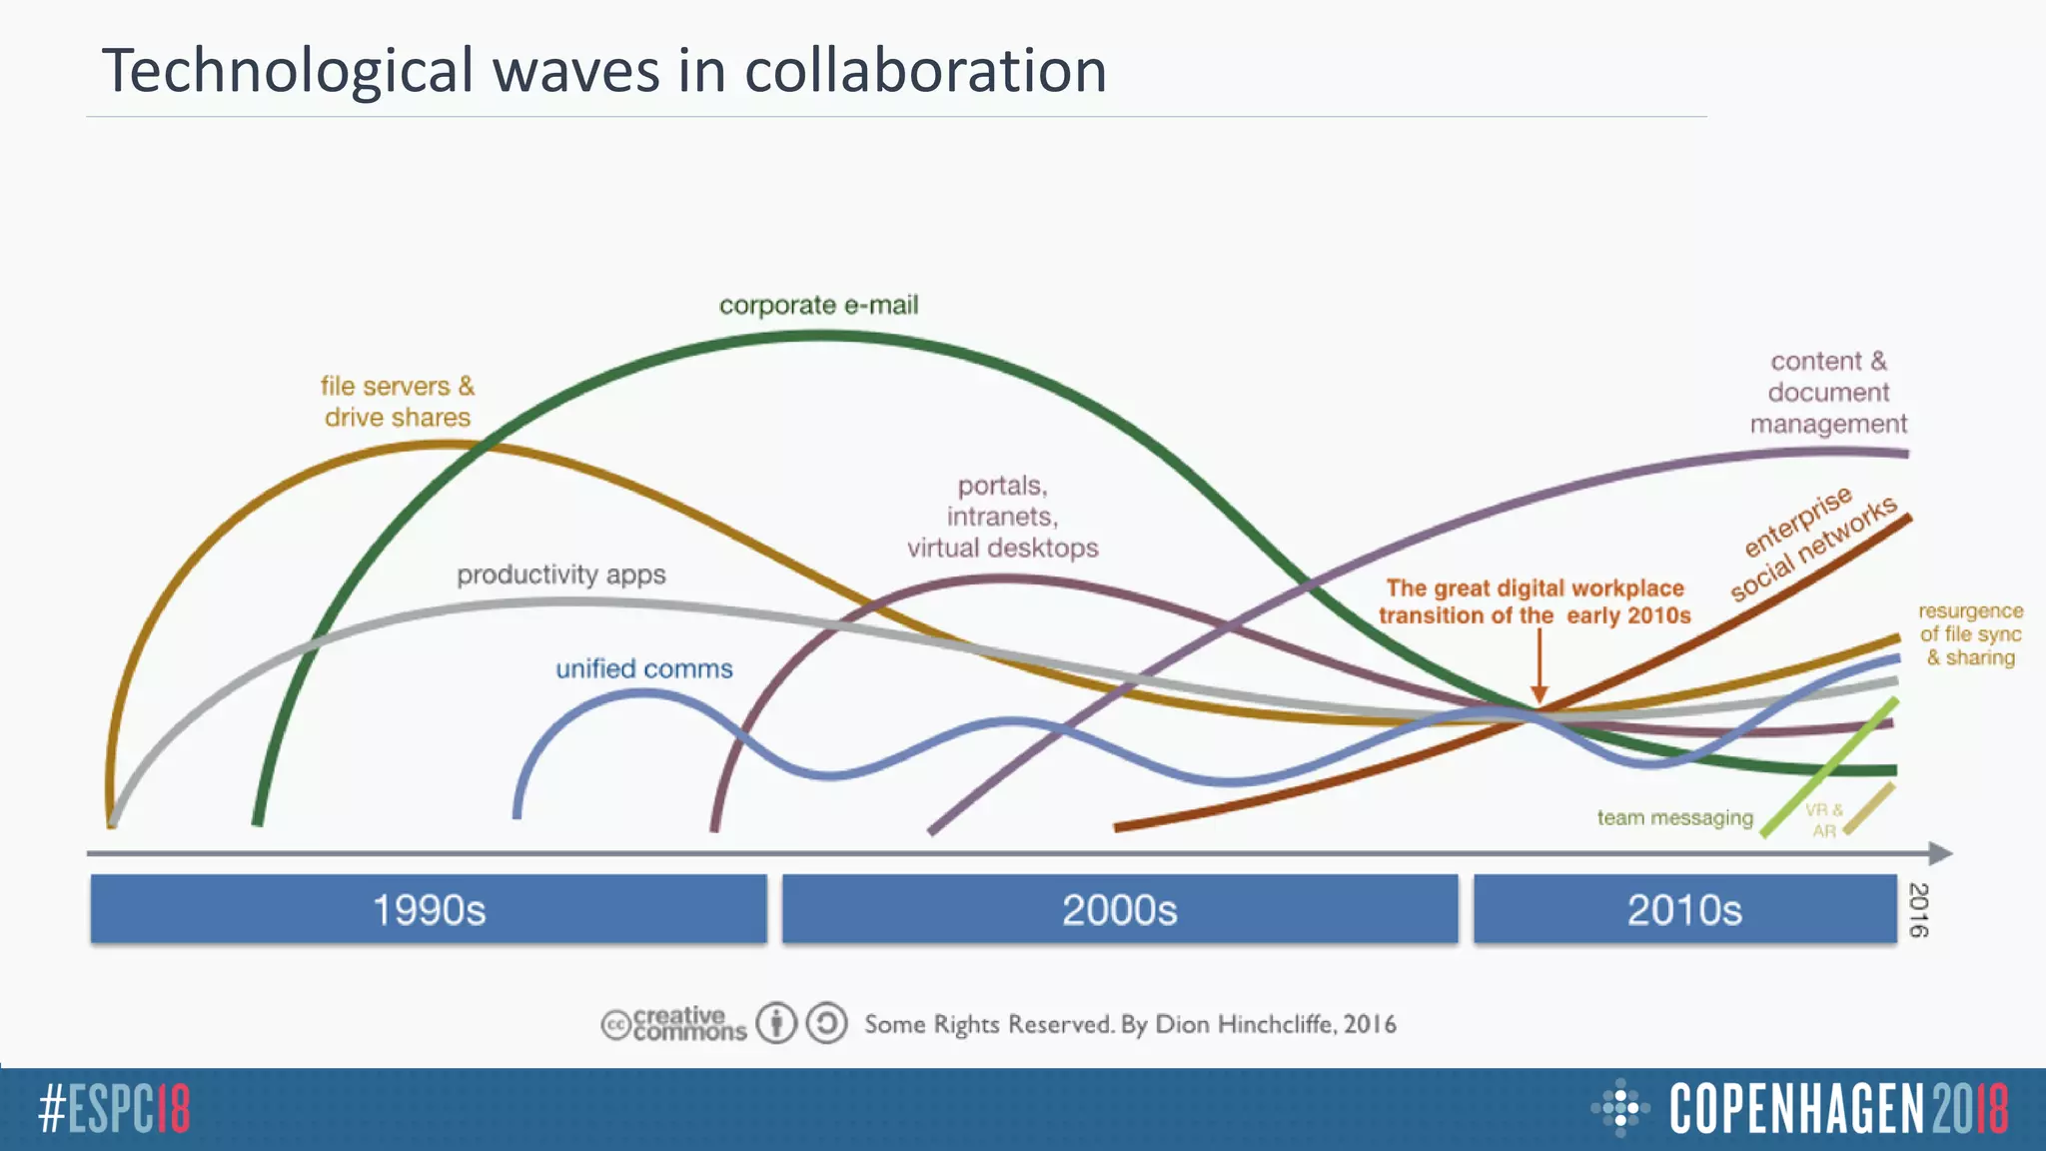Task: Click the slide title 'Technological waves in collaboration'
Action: (604, 71)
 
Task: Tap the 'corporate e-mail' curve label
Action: (818, 305)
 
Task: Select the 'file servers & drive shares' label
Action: (398, 402)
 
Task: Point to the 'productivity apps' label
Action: (560, 575)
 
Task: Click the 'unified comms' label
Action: (644, 668)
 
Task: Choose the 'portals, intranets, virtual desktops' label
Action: (1002, 517)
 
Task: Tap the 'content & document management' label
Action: (1828, 392)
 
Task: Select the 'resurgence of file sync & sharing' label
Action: (1970, 633)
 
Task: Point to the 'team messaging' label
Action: (1674, 817)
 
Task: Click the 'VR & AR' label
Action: (1823, 819)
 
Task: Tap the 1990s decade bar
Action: (429, 909)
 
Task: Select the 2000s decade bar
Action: (1120, 909)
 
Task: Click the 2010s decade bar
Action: (1684, 909)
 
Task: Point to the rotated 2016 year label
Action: (1918, 909)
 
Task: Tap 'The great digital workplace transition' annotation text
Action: (1534, 601)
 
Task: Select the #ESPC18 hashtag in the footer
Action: (114, 1109)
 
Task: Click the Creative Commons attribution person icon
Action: (776, 1023)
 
